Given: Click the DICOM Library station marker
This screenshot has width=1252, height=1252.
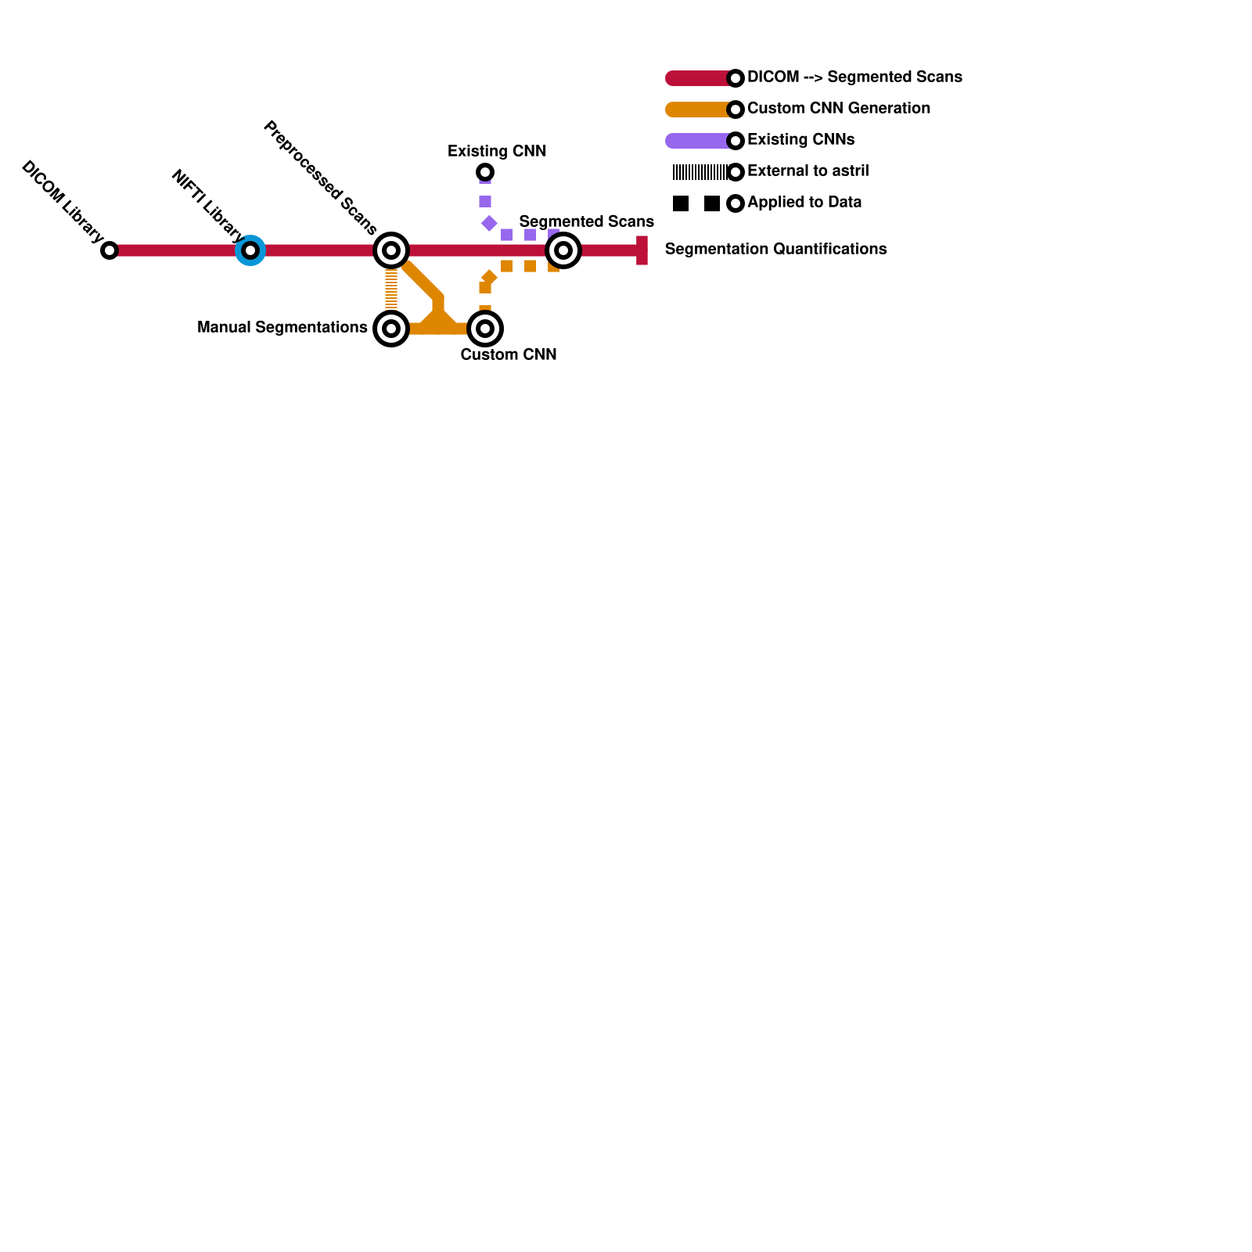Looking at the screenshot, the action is [x=110, y=250].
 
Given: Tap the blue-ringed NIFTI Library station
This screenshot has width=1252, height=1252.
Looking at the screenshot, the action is [x=250, y=250].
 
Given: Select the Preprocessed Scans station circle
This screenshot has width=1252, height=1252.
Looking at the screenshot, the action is [x=391, y=250].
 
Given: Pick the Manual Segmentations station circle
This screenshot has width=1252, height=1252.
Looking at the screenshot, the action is [x=391, y=329].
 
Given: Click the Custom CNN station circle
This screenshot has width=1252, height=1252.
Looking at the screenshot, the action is [x=485, y=329].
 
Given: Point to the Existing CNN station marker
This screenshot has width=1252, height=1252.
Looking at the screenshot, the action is [x=485, y=172].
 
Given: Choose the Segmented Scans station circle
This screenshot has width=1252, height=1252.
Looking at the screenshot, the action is [x=563, y=250].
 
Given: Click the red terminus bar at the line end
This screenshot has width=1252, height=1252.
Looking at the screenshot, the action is [x=642, y=250].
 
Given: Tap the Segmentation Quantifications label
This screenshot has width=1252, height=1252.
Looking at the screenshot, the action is [x=775, y=249].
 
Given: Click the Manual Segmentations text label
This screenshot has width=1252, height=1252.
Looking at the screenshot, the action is [x=282, y=327].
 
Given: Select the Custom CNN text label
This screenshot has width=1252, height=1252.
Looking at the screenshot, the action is [x=509, y=354].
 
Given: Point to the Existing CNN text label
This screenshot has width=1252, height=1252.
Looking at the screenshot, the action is [x=497, y=151].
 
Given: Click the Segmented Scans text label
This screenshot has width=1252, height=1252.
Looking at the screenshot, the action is [x=586, y=221].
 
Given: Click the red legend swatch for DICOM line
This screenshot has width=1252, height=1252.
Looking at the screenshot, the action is [x=698, y=78].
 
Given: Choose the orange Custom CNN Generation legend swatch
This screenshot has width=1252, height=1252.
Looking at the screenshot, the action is [x=698, y=110].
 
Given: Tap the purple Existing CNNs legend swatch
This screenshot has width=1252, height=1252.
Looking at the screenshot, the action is [x=698, y=141].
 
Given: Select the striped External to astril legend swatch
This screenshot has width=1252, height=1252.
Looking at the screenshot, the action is [x=700, y=172].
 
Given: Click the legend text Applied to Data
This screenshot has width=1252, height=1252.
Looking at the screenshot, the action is [x=804, y=202].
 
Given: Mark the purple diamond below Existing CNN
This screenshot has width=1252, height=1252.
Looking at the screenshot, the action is [x=489, y=224].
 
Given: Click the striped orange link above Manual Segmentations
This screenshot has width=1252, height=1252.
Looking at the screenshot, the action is [x=391, y=290].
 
